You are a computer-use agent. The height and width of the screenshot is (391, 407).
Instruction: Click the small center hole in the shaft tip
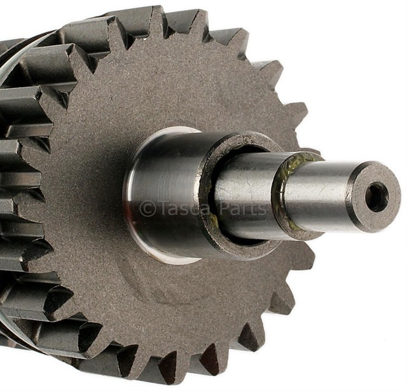pyautogui.click(x=376, y=196)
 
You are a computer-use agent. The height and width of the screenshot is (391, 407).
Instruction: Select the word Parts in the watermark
pyautogui.click(x=242, y=208)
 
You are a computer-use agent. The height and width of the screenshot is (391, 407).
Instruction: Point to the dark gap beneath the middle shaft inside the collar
pyautogui.click(x=248, y=238)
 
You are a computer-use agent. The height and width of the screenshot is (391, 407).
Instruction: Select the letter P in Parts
pyautogui.click(x=223, y=208)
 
